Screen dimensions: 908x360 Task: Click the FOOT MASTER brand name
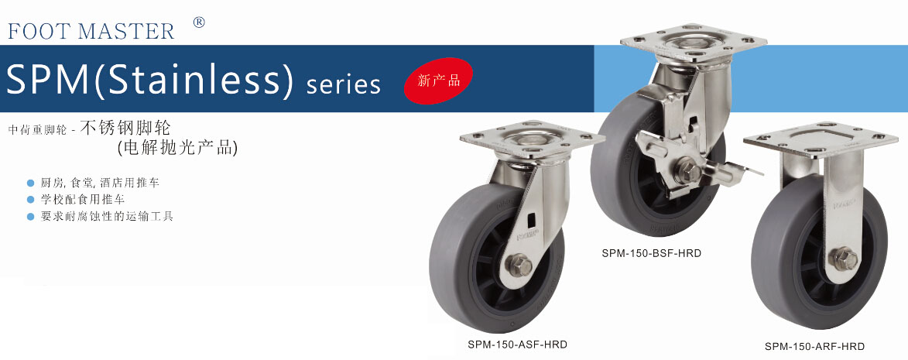[91, 31]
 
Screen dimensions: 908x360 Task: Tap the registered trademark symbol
[199, 22]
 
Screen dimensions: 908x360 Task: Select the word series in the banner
[344, 84]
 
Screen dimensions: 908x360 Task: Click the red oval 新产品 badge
[438, 81]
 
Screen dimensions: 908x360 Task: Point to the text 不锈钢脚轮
[125, 128]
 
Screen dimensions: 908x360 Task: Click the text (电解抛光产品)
[177, 148]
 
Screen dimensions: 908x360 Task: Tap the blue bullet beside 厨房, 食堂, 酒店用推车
[31, 183]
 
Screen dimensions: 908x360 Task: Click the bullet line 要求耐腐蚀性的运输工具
[107, 217]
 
